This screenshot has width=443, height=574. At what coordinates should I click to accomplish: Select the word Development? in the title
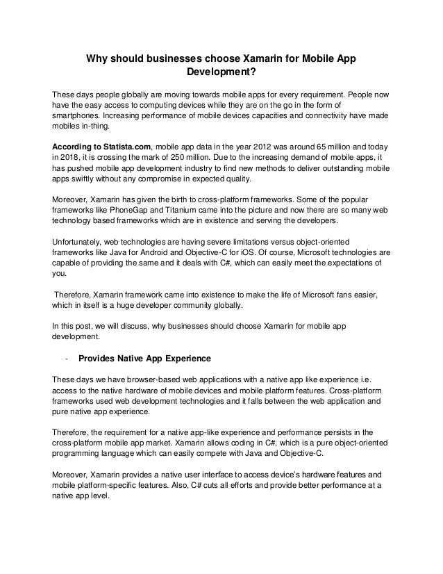pos(221,72)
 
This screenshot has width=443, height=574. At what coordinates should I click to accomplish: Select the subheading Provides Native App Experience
pos(144,358)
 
